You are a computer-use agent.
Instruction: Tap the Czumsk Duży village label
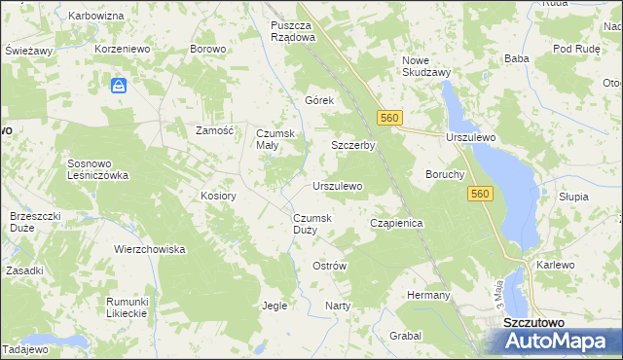[x=312, y=224]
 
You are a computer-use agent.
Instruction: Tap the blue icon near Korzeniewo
[x=119, y=87]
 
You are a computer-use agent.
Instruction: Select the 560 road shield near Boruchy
[x=479, y=195]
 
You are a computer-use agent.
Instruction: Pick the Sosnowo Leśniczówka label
[x=97, y=169]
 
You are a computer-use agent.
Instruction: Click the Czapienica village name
[x=396, y=223]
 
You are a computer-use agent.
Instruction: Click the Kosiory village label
[x=219, y=196]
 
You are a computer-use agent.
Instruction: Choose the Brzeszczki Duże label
[x=35, y=221]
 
